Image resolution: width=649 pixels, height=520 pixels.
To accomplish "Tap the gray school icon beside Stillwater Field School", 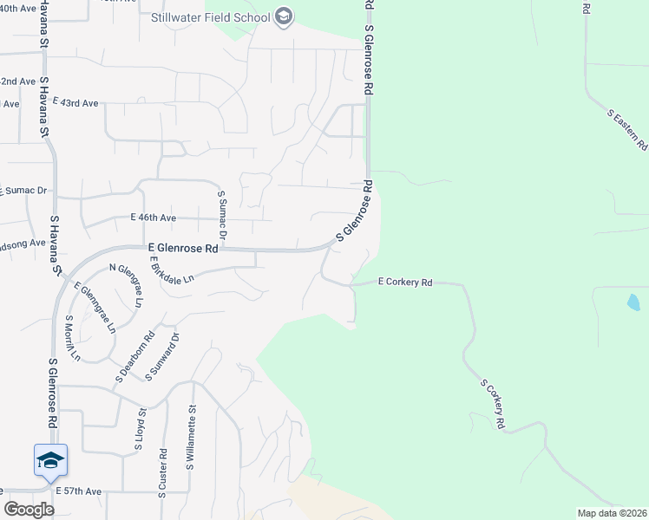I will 284,16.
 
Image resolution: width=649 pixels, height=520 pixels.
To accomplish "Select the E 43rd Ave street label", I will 75,102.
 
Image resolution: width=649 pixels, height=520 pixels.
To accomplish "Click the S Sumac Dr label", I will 222,216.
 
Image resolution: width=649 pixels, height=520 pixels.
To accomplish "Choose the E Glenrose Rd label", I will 182,248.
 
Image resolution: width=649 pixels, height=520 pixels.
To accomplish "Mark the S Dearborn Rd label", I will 135,356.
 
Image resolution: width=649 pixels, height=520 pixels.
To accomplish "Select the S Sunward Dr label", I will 162,356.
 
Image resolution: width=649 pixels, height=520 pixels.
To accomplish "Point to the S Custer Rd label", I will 162,474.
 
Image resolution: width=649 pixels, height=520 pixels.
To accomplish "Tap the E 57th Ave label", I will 78,491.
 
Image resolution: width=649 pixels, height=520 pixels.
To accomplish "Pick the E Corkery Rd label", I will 405,283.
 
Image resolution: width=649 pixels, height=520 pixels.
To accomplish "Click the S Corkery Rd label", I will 493,404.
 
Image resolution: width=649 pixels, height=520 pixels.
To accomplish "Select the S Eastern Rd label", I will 627,130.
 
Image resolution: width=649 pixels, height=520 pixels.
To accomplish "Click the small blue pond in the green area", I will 633,302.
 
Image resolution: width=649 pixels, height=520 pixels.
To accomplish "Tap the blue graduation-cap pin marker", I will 50,459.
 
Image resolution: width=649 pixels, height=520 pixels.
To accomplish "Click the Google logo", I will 29,510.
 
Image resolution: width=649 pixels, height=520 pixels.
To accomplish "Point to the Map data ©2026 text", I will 612,513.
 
